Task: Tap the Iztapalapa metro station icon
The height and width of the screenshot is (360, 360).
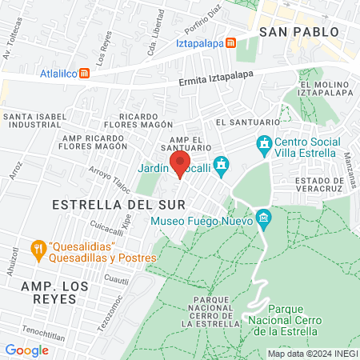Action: (x=230, y=42)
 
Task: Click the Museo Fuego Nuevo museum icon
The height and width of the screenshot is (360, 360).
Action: (x=263, y=218)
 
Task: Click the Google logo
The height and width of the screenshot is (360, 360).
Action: (x=26, y=350)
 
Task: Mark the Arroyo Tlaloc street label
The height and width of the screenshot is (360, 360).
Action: (x=110, y=176)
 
